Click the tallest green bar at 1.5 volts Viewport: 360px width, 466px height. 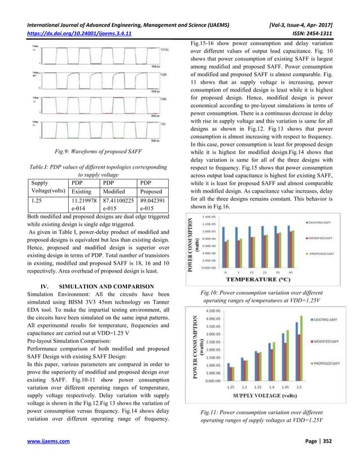coord(306,351)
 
